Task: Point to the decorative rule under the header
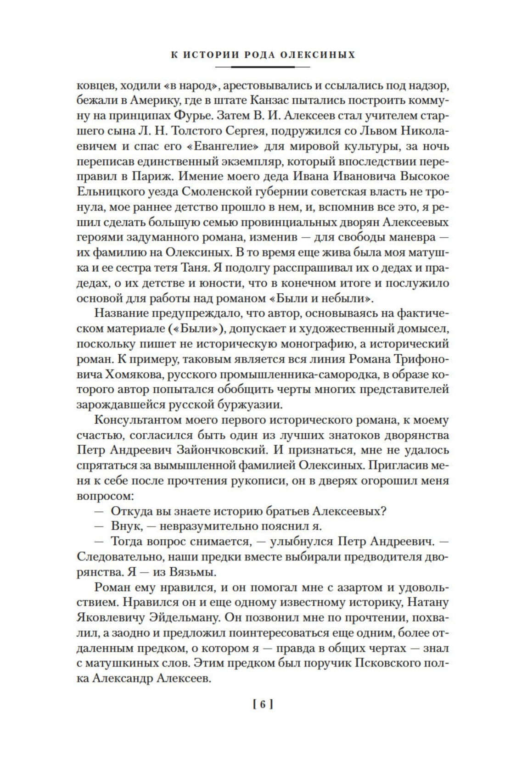[x=263, y=67]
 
